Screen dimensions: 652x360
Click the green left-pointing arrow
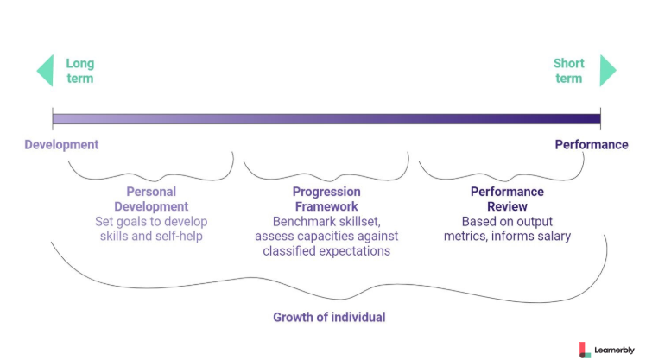(45, 70)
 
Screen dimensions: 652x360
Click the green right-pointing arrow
(608, 70)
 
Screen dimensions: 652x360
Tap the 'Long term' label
(79, 71)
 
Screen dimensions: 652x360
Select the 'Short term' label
(568, 71)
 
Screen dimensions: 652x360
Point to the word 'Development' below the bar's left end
(61, 145)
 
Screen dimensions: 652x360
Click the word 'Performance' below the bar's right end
(592, 145)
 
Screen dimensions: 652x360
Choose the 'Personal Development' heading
(151, 199)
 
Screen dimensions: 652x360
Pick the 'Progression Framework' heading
(326, 199)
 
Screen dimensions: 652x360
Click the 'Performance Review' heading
(507, 199)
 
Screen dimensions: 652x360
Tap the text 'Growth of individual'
(329, 317)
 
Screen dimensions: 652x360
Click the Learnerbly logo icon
(585, 350)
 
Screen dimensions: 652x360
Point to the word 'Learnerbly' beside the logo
(614, 350)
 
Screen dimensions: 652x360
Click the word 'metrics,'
(465, 237)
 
